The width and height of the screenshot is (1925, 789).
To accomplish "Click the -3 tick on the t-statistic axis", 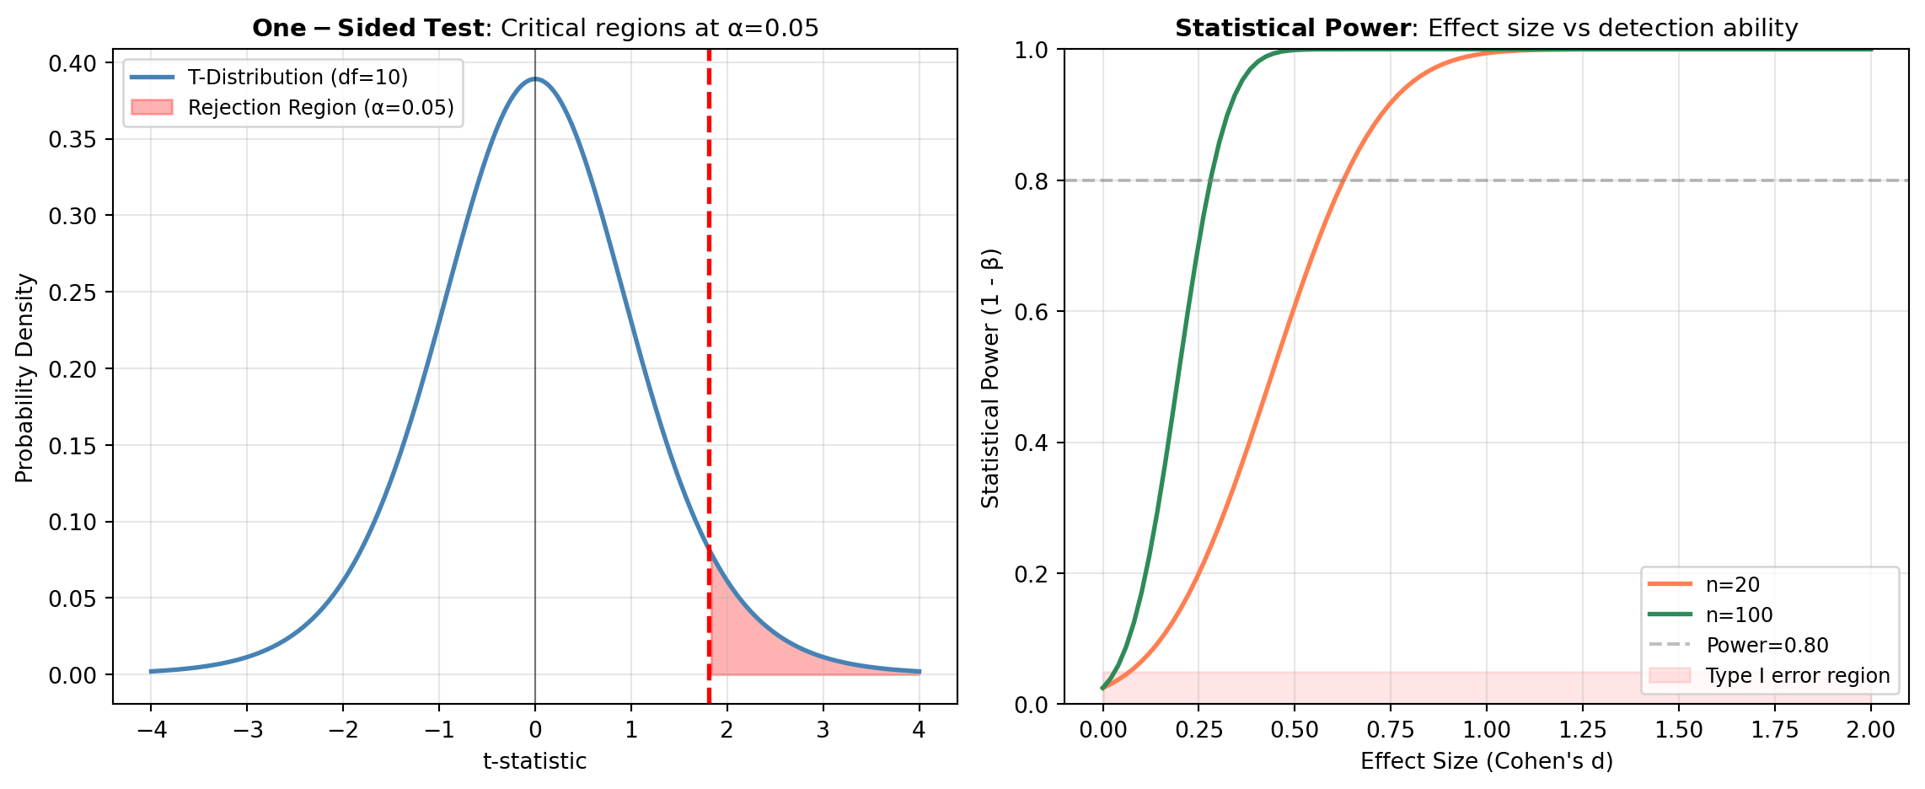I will [x=246, y=729].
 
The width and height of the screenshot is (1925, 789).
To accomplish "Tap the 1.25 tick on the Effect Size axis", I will [x=1583, y=729].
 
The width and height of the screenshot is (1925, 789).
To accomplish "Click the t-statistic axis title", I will [x=534, y=761].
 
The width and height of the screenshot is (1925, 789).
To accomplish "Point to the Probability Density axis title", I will [x=25, y=378].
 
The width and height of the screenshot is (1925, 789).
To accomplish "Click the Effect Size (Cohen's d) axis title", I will [x=1486, y=761].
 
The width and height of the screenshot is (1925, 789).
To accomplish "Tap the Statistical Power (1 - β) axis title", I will [x=990, y=378].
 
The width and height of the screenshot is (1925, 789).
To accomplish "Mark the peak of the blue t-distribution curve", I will [x=535, y=79].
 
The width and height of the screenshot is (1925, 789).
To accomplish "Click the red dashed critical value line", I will [x=709, y=337].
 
